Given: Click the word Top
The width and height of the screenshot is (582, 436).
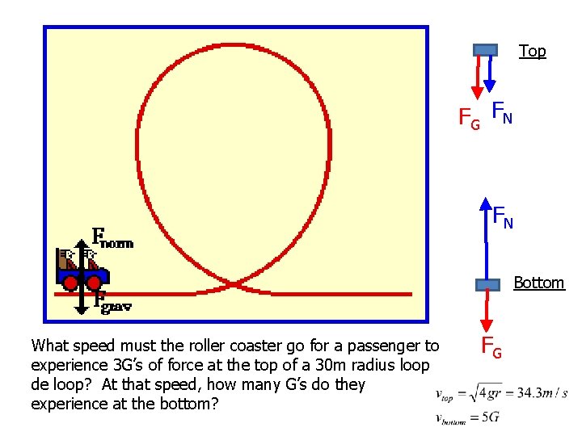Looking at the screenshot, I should tap(532, 51).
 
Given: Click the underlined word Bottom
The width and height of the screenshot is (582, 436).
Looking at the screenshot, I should tap(539, 283).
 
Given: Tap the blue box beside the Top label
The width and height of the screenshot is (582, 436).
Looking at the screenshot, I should tap(485, 50).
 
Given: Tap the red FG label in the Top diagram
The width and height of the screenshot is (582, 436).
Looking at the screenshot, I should tap(469, 119).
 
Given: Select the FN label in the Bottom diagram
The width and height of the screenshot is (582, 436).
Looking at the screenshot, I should tap(503, 216).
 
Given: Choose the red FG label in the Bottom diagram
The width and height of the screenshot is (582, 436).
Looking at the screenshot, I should tap(492, 347).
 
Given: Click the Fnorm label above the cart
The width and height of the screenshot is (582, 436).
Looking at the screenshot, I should tap(112, 237).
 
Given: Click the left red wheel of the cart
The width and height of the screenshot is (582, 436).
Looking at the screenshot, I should tap(71, 283).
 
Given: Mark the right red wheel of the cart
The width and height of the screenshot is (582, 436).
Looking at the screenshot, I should tap(94, 283).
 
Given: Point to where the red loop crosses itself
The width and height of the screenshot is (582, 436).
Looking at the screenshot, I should tap(232, 283).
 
